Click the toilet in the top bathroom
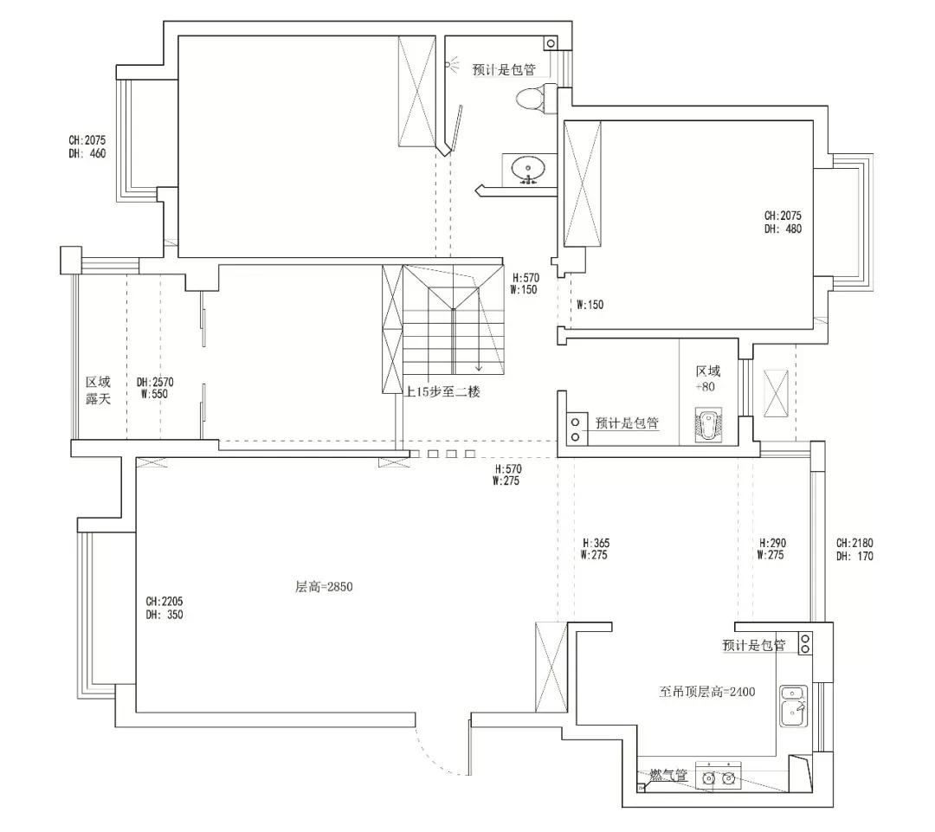pyautogui.click(x=530, y=98)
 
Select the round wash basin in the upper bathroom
pyautogui.click(x=528, y=168)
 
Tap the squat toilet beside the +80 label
pyautogui.click(x=708, y=425)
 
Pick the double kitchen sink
pyautogui.click(x=794, y=706)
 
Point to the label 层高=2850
pyautogui.click(x=324, y=587)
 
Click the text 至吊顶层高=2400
pyautogui.click(x=708, y=692)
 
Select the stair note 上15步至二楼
pyautogui.click(x=442, y=391)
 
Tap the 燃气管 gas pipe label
pyautogui.click(x=669, y=776)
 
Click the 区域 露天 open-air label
pyautogui.click(x=98, y=390)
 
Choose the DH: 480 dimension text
pyautogui.click(x=783, y=229)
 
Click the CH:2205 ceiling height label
pyautogui.click(x=164, y=601)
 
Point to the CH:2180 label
pyautogui.click(x=854, y=543)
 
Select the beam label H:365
pyautogui.click(x=595, y=543)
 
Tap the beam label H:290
pyautogui.click(x=772, y=543)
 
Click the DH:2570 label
pyautogui.click(x=156, y=382)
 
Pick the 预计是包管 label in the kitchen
pyautogui.click(x=753, y=646)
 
